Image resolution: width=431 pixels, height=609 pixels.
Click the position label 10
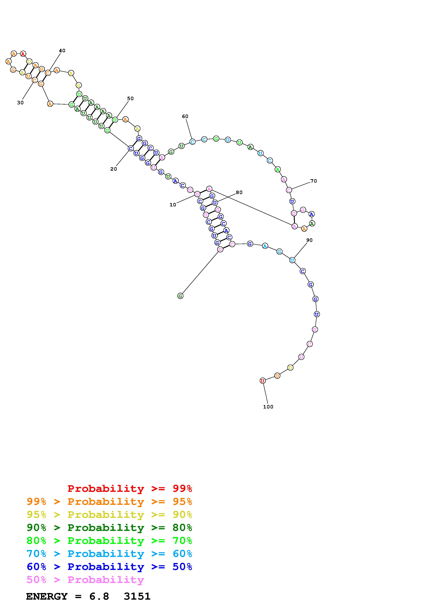click(x=173, y=205)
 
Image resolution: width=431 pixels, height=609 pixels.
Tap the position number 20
click(x=114, y=169)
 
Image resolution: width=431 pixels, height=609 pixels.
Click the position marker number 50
click(x=130, y=98)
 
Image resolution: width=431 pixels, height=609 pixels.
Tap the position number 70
click(x=314, y=181)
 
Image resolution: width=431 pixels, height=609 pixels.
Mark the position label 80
click(x=239, y=192)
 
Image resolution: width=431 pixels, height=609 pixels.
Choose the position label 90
click(x=309, y=240)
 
